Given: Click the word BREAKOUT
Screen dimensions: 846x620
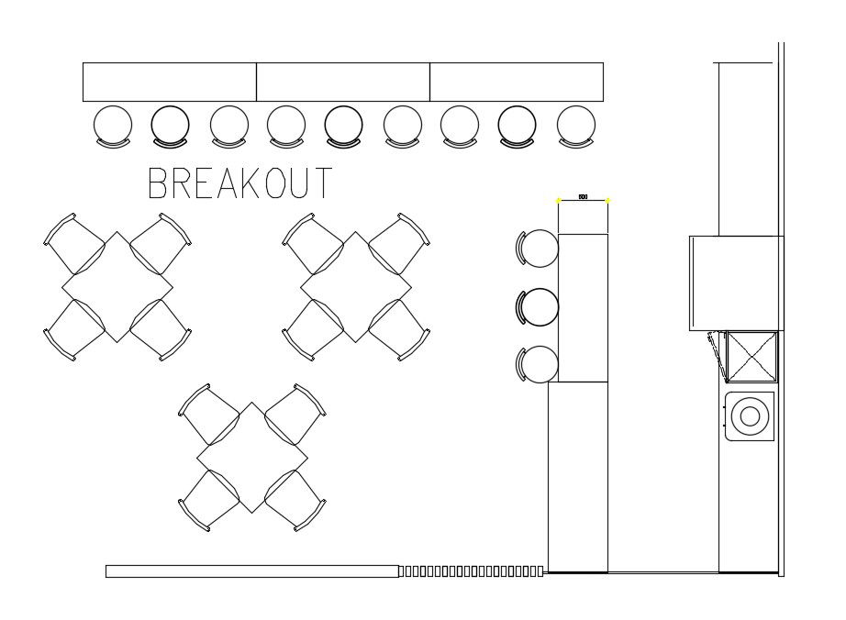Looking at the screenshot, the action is click(x=240, y=183).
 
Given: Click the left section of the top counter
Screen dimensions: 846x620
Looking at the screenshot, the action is click(x=170, y=82).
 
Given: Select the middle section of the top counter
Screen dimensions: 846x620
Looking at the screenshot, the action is click(x=343, y=82).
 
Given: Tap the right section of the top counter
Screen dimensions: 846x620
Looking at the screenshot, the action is click(x=517, y=82).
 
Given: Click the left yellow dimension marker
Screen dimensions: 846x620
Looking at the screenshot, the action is click(x=559, y=200).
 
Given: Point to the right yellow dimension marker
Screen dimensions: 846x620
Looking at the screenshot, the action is click(x=607, y=200).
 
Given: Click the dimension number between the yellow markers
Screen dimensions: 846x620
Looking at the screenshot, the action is click(x=583, y=197).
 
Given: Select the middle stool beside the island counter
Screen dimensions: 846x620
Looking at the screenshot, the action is click(x=540, y=306).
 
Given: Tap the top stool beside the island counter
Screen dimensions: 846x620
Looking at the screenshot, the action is click(x=540, y=249).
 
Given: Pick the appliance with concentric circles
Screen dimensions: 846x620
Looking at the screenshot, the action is click(x=750, y=415).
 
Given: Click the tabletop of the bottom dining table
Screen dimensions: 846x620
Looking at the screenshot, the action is click(x=252, y=457).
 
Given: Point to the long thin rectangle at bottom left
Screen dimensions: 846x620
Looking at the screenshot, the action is click(x=252, y=571).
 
